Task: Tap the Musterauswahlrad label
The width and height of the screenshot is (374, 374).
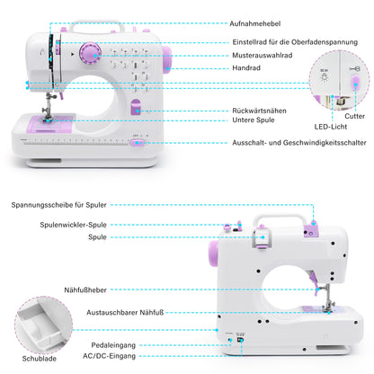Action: pos(236,54)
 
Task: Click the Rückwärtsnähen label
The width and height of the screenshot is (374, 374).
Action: pos(232,110)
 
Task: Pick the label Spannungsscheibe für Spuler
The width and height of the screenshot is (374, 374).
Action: pos(59,205)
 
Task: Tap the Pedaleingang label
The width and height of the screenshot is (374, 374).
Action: pos(114,343)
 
